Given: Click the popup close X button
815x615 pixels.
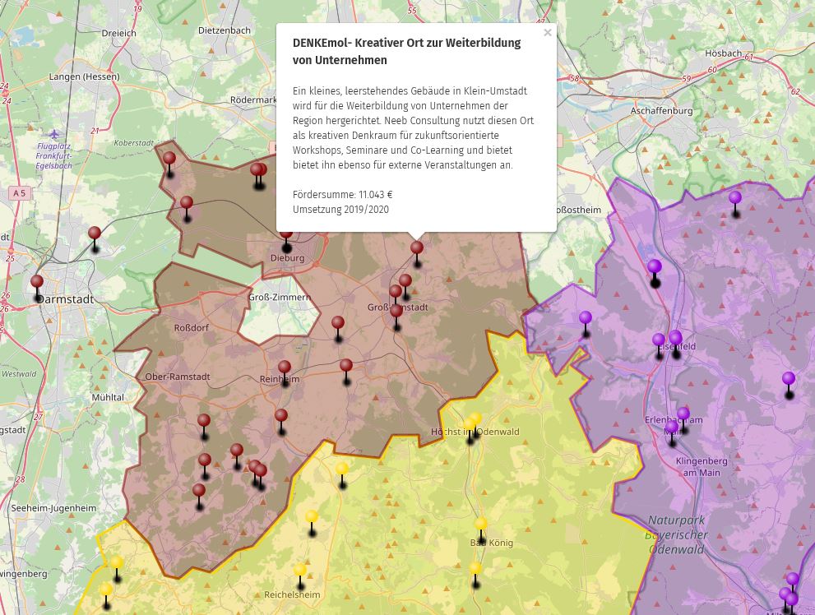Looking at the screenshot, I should [x=548, y=33].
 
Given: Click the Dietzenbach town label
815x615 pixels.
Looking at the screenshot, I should [x=225, y=30].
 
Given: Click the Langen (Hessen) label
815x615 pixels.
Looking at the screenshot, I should [x=84, y=76].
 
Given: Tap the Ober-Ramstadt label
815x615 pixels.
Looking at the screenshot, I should [x=177, y=377].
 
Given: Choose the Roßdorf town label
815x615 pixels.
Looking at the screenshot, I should [x=192, y=328].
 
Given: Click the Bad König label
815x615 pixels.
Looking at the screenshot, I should [x=491, y=543].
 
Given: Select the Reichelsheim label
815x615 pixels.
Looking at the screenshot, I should [x=292, y=594].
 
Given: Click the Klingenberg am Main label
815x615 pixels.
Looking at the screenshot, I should [x=702, y=467].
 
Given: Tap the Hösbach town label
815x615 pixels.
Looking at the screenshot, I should [x=723, y=53].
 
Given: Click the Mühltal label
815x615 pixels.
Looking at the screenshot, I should [x=108, y=397].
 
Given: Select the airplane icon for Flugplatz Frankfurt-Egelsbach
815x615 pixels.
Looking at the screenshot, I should [x=54, y=134].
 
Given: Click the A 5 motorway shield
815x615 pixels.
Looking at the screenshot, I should [x=19, y=192].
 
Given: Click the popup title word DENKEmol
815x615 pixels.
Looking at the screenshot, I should [x=322, y=44].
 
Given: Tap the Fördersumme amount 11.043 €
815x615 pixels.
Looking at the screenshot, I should [x=375, y=195].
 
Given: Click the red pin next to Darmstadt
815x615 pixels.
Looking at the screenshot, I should [x=37, y=283].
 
